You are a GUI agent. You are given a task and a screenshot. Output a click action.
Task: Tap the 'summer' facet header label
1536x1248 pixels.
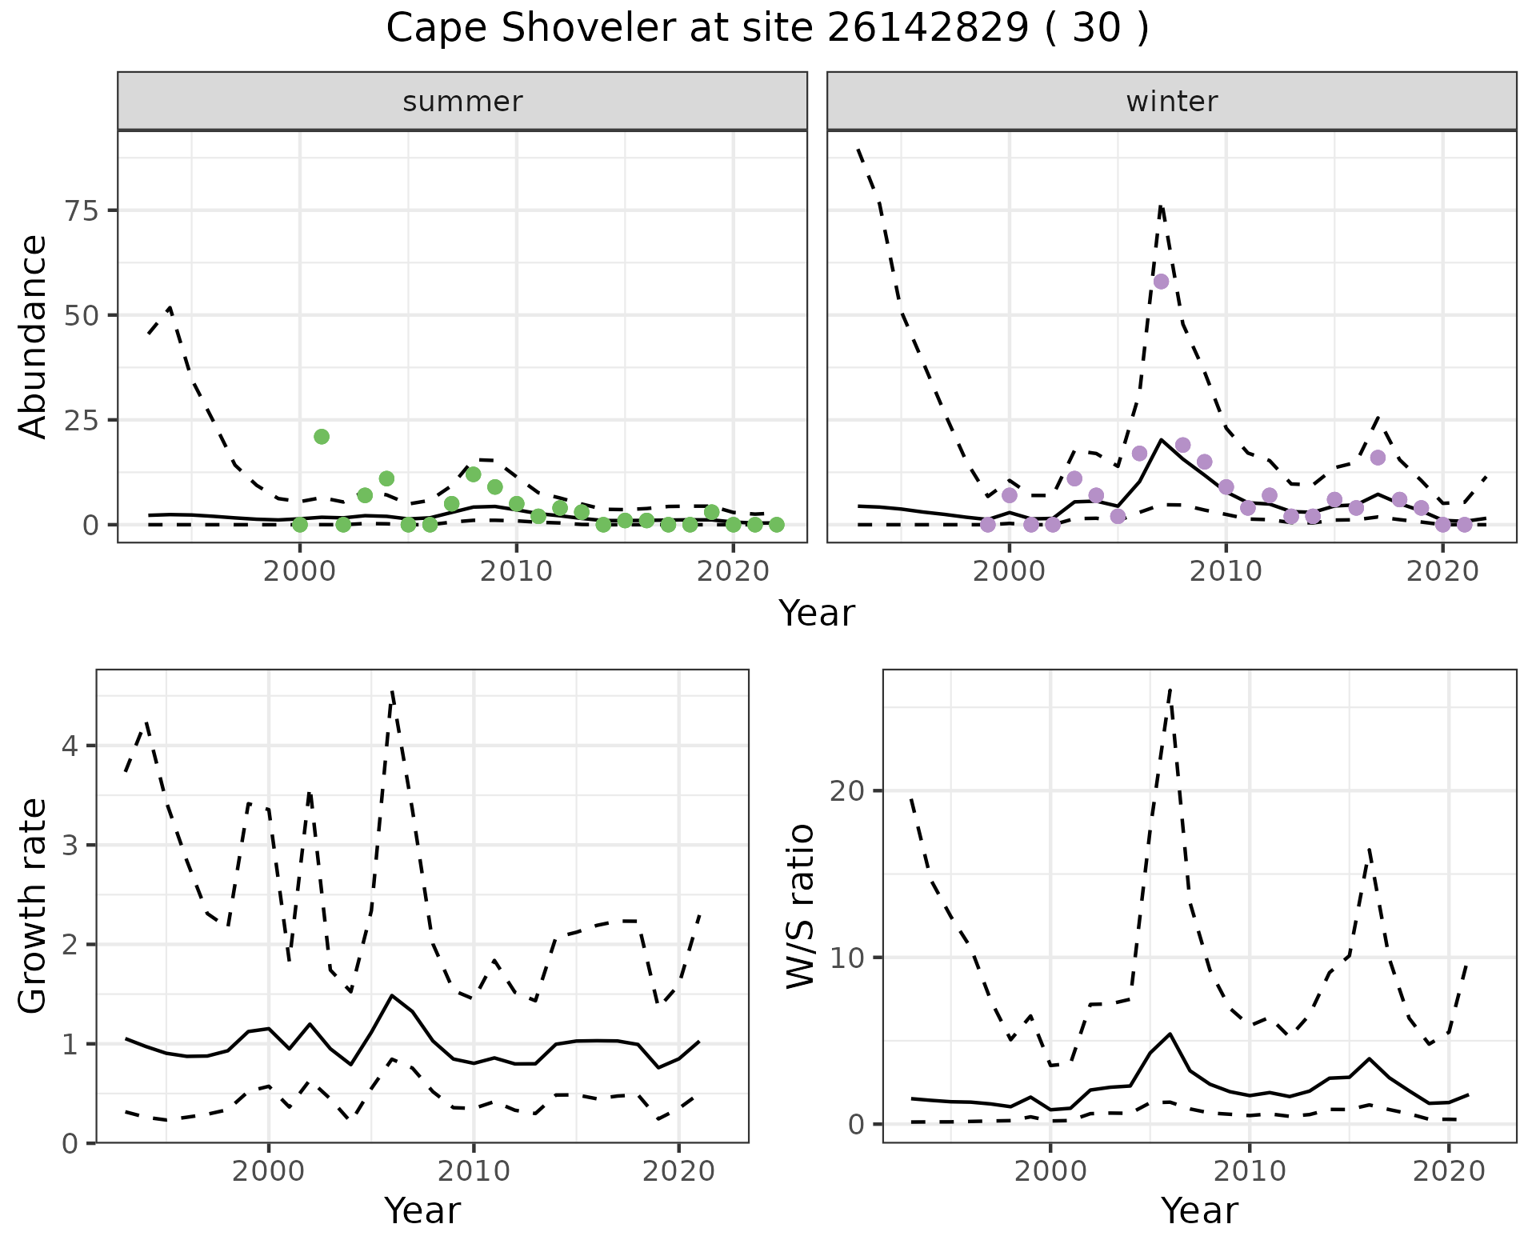(462, 102)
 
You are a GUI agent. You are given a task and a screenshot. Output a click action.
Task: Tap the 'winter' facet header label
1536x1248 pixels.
(1171, 102)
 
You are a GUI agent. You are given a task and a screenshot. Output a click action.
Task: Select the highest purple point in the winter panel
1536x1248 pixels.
(1161, 282)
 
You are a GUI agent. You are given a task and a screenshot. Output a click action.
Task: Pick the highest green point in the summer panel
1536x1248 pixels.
(322, 437)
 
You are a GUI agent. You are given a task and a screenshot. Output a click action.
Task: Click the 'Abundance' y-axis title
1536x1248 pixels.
(34, 336)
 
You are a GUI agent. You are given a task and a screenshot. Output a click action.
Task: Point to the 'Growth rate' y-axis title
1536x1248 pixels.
(34, 906)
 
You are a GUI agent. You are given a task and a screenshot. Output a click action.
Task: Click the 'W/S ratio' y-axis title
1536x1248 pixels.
(800, 906)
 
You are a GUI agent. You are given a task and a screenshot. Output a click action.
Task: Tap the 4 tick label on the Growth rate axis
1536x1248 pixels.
(70, 746)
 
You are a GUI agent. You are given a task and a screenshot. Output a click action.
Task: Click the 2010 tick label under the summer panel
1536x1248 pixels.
(516, 572)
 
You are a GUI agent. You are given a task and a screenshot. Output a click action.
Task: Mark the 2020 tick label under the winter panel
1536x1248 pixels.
(1442, 572)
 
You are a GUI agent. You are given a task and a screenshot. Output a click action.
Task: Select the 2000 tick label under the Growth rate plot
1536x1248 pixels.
(268, 1172)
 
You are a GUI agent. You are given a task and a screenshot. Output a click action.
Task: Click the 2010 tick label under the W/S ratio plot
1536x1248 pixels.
(1249, 1172)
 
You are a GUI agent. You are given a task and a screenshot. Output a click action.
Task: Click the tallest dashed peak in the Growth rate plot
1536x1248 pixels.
(392, 691)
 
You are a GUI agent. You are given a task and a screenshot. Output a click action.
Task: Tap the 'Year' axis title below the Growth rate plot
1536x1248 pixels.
(422, 1211)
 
